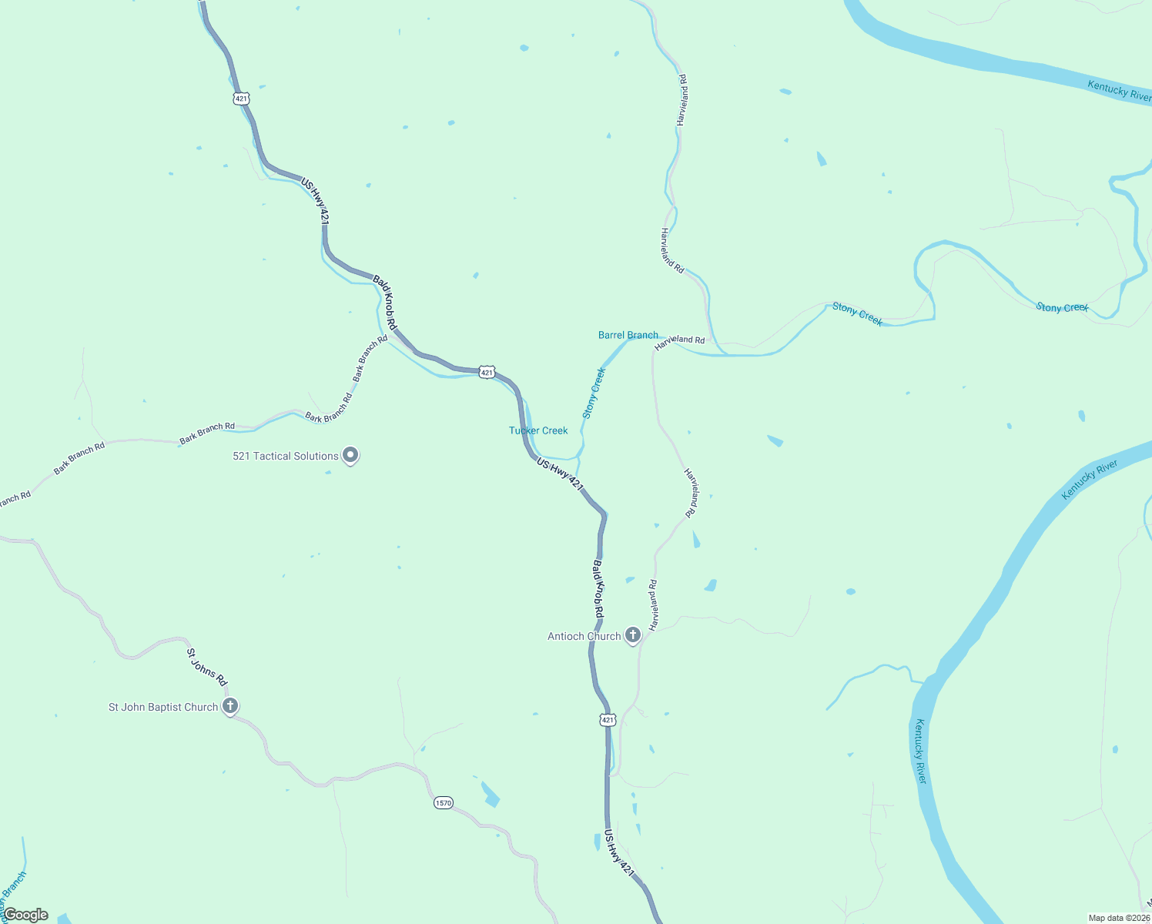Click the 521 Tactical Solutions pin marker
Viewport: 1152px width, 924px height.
click(350, 455)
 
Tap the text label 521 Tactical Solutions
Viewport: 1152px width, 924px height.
click(286, 456)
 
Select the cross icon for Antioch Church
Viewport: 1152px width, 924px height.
click(632, 635)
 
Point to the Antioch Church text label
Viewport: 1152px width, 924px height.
click(584, 636)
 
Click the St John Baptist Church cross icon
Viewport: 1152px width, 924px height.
click(229, 705)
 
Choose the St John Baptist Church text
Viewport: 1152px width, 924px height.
click(163, 707)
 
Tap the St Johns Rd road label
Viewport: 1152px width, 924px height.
click(207, 667)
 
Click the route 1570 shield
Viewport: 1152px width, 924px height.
click(444, 802)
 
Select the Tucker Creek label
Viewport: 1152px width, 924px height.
click(538, 430)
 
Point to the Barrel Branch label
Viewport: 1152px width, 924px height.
click(628, 335)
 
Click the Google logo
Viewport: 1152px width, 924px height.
click(25, 915)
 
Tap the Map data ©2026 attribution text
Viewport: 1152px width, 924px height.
click(1119, 918)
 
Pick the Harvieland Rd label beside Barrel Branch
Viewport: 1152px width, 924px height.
click(679, 343)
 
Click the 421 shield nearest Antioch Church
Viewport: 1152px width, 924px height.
click(608, 720)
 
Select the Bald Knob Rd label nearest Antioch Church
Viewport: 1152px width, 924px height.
click(598, 588)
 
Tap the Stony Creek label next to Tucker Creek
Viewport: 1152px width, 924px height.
click(594, 393)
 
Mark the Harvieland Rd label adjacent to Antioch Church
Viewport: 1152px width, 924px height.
click(653, 605)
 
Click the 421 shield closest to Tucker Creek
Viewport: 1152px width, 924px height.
click(487, 373)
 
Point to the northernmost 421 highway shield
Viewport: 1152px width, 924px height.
click(242, 99)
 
